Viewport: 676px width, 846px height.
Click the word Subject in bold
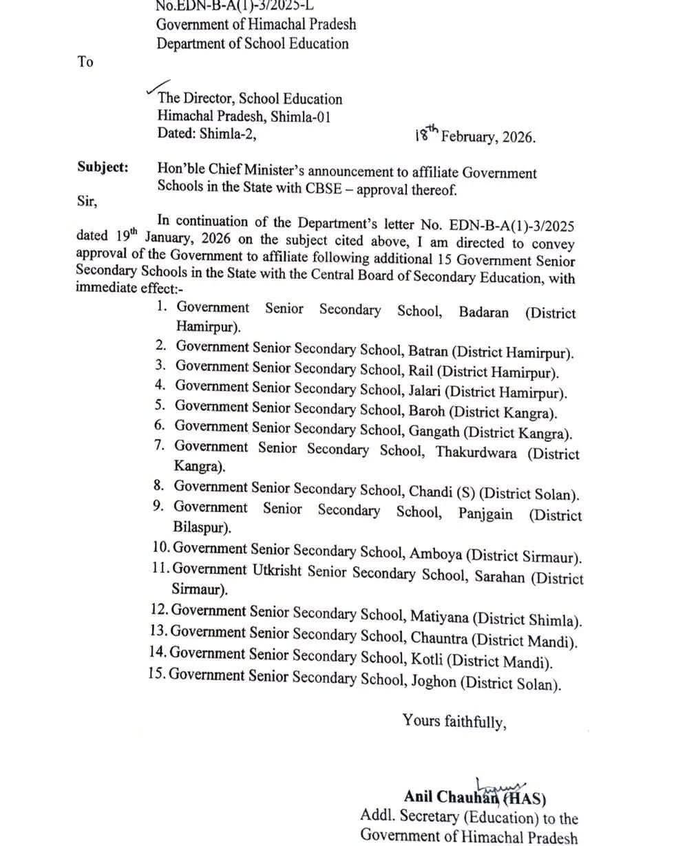tap(103, 167)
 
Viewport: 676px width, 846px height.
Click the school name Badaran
tap(483, 313)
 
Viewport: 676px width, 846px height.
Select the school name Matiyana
tap(439, 617)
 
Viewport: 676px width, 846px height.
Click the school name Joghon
tap(434, 683)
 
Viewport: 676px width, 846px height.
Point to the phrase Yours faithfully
tap(454, 721)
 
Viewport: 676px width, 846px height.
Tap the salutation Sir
tap(87, 202)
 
